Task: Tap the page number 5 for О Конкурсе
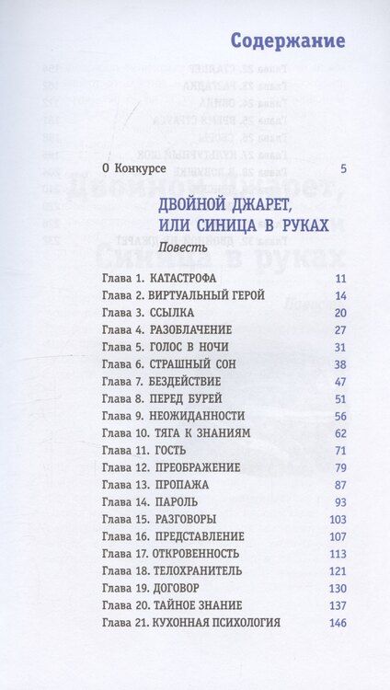(342, 168)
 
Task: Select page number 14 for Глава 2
(339, 295)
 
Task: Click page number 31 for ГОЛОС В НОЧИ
(339, 347)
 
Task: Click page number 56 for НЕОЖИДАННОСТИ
(339, 416)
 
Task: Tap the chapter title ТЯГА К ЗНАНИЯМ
(200, 433)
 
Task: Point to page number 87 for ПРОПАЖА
(339, 485)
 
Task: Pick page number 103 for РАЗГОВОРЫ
(337, 519)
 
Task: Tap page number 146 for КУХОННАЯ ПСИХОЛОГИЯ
(337, 623)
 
